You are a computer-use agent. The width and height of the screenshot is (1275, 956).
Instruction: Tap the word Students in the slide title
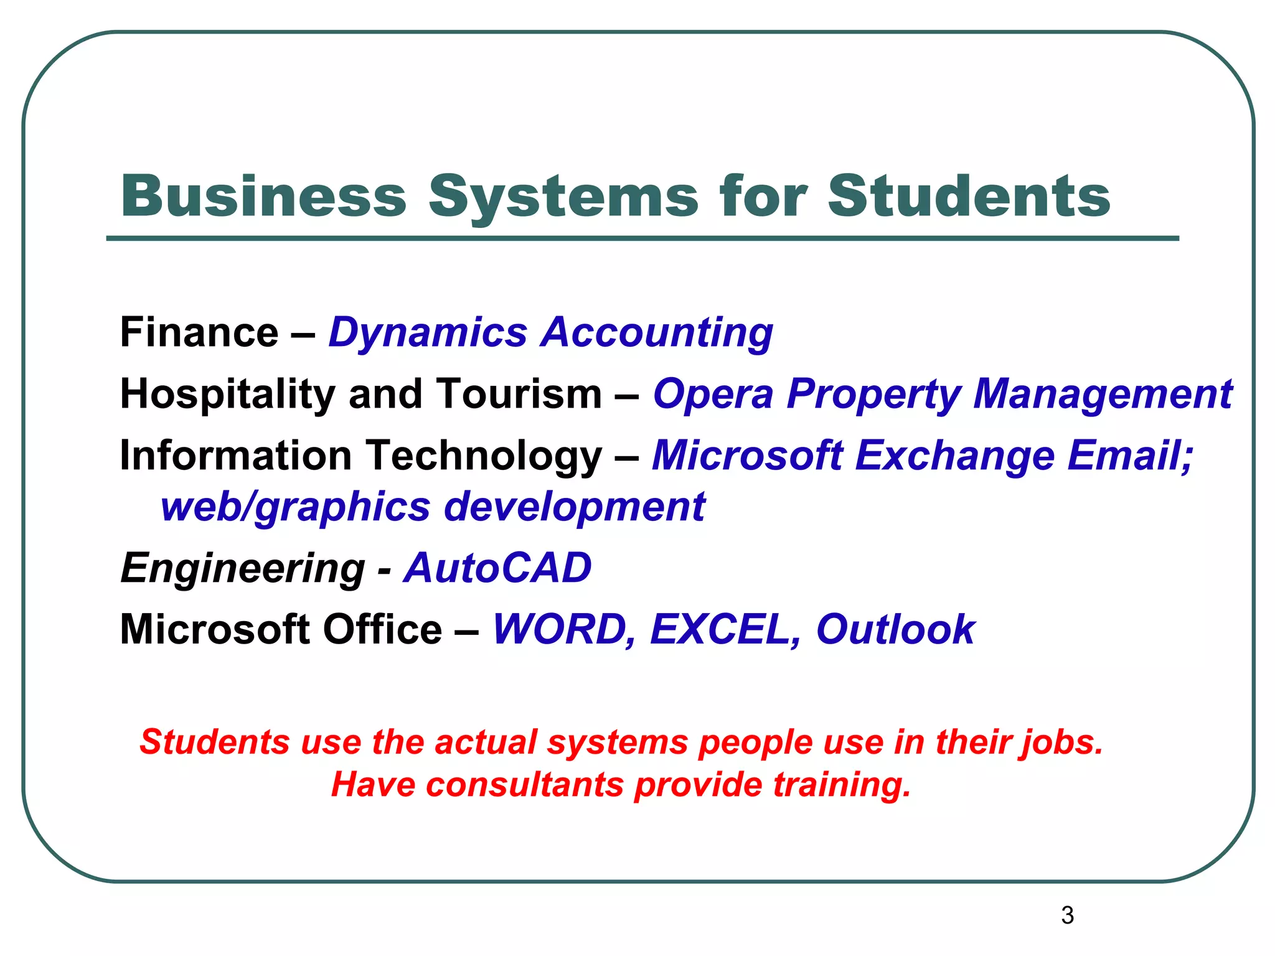point(969,196)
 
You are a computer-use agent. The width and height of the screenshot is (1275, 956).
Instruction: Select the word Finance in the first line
point(199,332)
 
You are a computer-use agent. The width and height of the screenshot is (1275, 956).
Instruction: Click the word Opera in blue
point(713,395)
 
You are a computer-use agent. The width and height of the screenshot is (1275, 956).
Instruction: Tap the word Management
point(1103,395)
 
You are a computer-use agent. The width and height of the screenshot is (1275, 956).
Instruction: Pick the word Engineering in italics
point(243,569)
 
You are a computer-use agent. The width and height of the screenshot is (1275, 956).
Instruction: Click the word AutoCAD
point(497,568)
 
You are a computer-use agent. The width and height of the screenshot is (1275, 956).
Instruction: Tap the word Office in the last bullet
point(382,629)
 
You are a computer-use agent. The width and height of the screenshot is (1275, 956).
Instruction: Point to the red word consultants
point(525,784)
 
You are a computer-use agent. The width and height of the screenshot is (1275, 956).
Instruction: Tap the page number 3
point(1067,915)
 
